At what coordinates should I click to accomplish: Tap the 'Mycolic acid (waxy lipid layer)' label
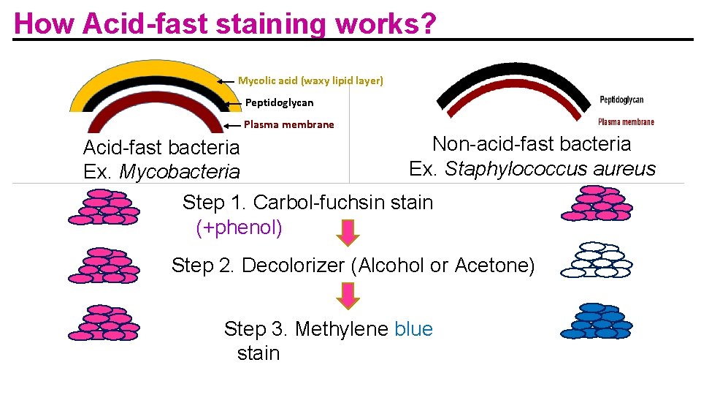pos(310,80)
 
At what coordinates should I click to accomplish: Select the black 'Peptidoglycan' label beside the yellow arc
pos(279,102)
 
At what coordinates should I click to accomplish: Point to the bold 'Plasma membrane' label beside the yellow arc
pos(288,124)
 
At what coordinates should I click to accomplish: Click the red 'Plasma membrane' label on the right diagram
pos(626,122)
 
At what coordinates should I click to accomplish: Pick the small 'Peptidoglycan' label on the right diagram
pos(621,100)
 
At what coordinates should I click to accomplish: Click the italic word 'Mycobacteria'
pos(179,173)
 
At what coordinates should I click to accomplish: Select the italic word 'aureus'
pos(625,169)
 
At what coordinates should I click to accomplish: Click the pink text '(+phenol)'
pos(239,227)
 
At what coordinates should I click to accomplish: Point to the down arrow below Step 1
pos(349,233)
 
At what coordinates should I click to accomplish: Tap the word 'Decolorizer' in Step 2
pos(294,266)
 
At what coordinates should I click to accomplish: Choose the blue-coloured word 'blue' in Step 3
pos(413,329)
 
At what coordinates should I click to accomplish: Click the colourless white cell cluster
pos(596,260)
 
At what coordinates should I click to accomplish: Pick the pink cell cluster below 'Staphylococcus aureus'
pos(596,203)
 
